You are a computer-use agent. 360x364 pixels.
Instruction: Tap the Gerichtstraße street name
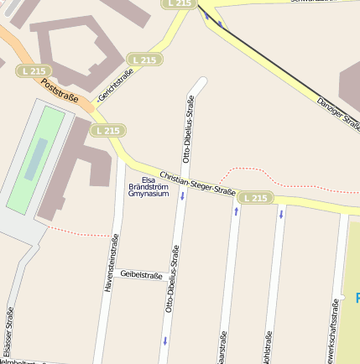[x=117, y=84]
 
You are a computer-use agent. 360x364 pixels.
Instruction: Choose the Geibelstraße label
[x=141, y=274]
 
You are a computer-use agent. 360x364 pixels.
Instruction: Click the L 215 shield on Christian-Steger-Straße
[x=254, y=198]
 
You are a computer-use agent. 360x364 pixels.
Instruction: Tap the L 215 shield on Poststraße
[x=33, y=71]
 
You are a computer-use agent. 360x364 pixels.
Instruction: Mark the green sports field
[x=34, y=159]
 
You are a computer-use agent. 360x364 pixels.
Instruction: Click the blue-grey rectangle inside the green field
[x=35, y=159]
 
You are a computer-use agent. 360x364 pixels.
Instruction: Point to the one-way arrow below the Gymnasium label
[x=182, y=196]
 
